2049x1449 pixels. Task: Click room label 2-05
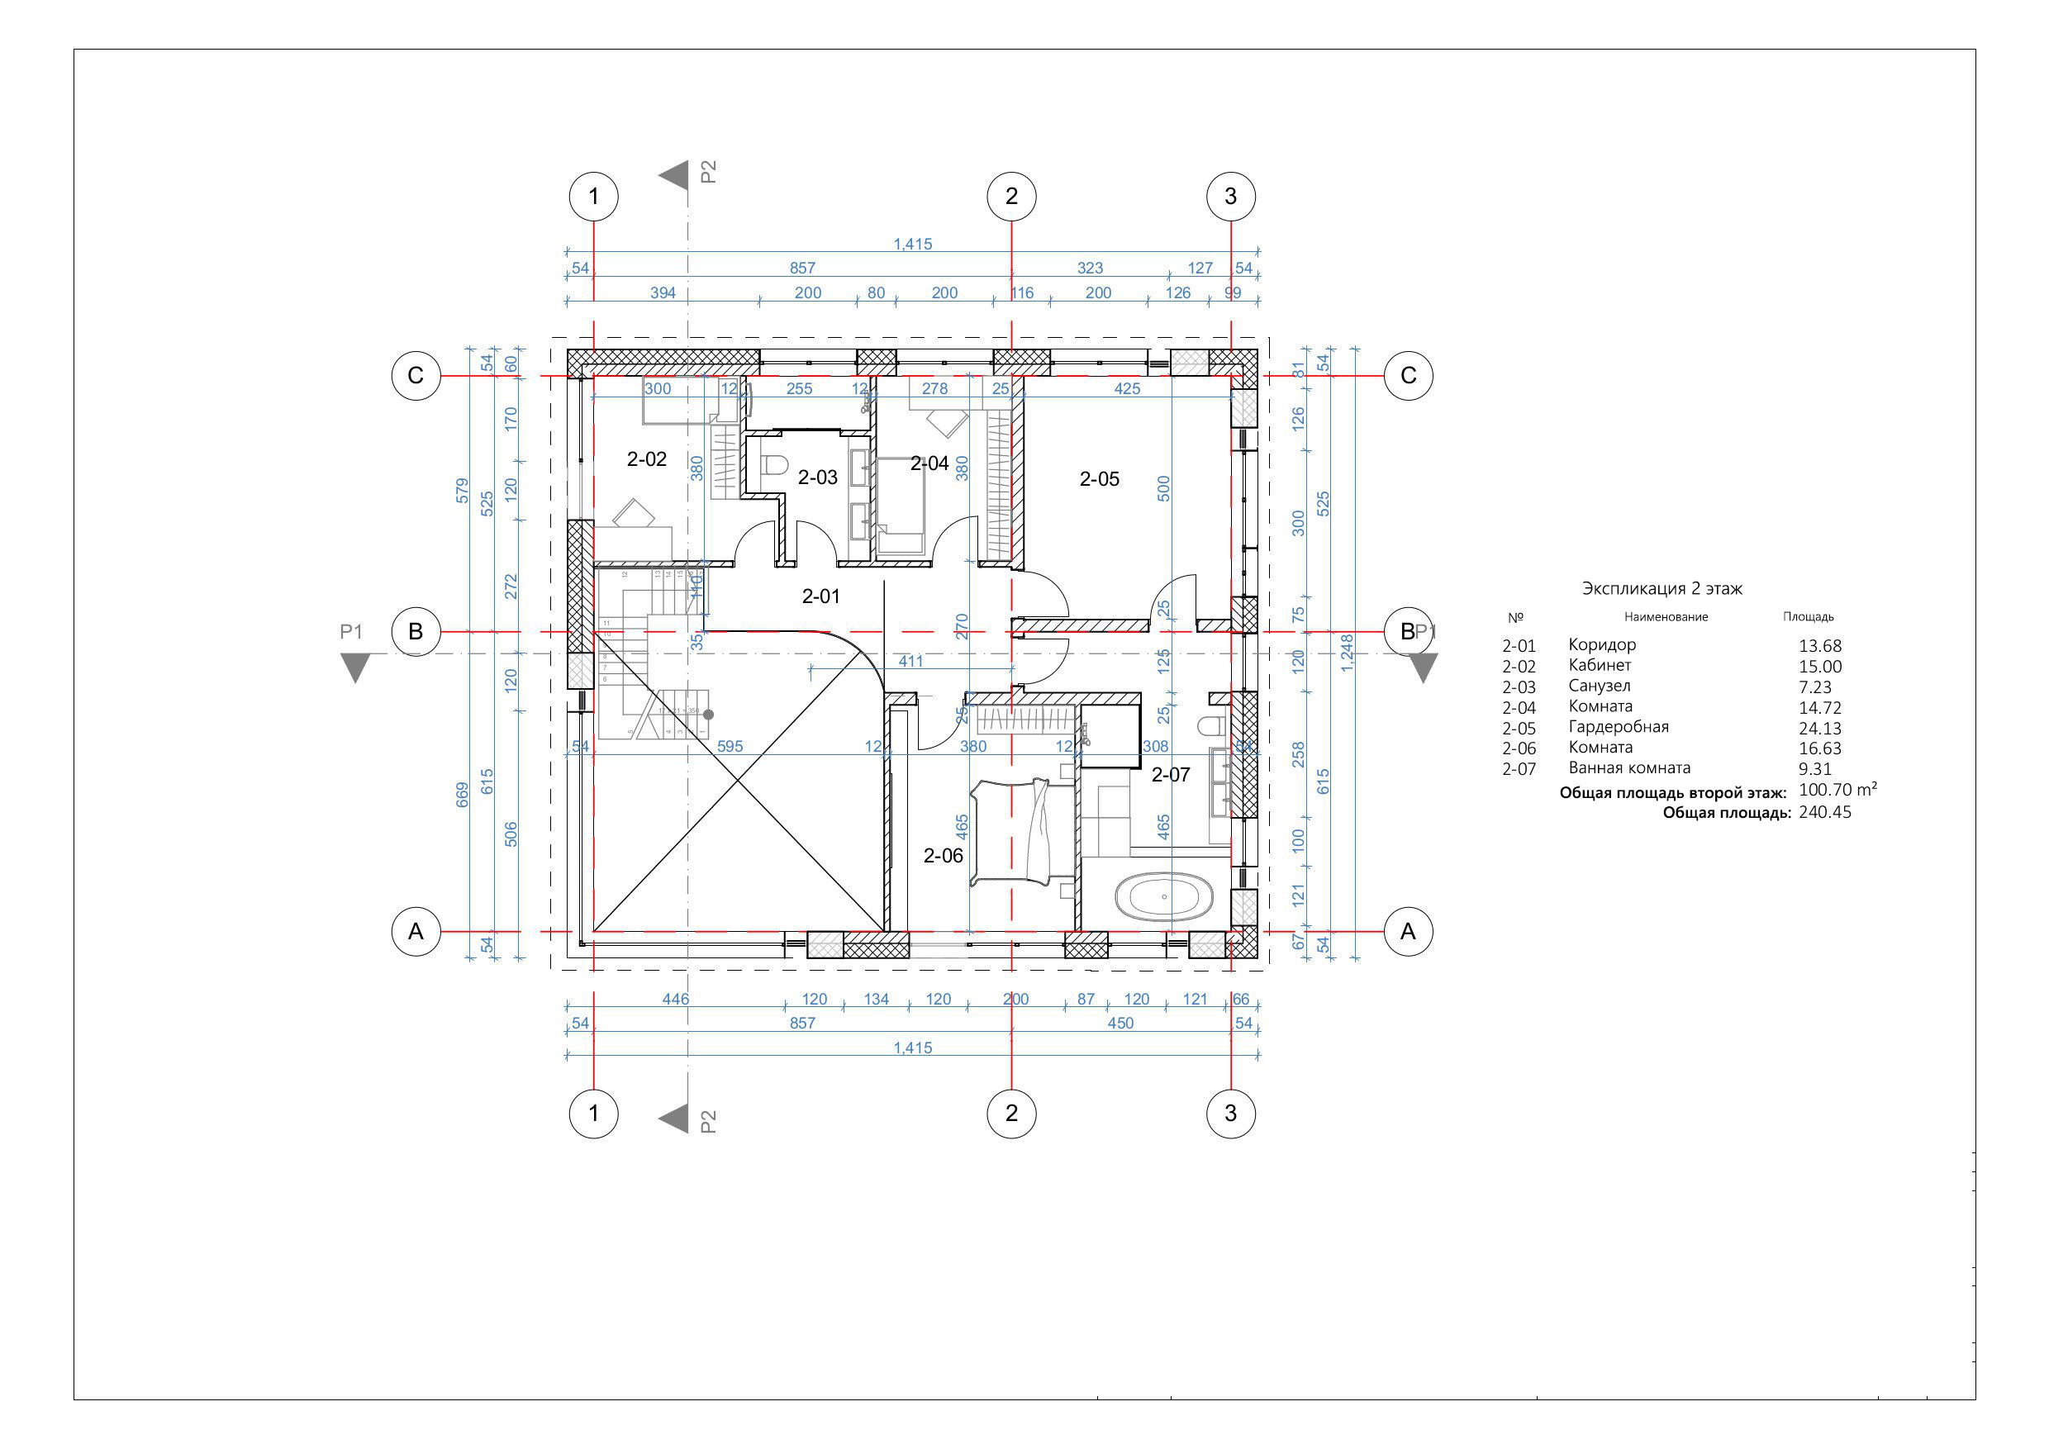[x=1099, y=479]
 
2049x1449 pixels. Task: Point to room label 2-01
[x=820, y=596]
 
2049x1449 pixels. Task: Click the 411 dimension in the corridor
[x=910, y=661]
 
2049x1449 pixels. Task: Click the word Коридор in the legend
[x=1602, y=644]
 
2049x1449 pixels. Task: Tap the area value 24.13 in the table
[x=1819, y=728]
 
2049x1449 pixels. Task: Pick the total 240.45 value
[x=1824, y=812]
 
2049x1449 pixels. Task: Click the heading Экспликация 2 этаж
[x=1662, y=589]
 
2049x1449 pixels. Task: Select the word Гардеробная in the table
[x=1618, y=726]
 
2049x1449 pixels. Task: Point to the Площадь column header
[x=1808, y=616]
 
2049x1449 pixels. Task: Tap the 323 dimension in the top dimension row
[x=1090, y=268]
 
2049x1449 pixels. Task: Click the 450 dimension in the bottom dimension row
[x=1120, y=1024]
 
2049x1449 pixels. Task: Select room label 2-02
[x=646, y=459]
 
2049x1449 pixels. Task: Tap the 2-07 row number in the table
[x=1519, y=769]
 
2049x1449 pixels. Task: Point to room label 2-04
[x=929, y=464]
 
